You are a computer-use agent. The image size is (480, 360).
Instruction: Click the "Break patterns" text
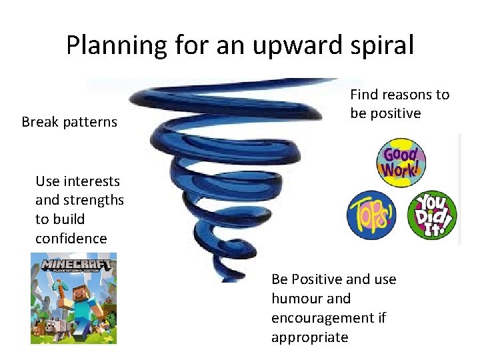pos(69,122)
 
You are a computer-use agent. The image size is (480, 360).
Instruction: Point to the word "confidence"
pos(71,238)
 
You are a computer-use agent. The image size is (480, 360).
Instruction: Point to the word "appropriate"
pos(309,337)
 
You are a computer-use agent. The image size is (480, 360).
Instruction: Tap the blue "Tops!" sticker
pos(371,215)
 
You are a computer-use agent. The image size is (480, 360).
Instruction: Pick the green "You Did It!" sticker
pos(432,215)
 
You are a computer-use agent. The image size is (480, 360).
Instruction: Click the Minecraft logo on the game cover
pos(73,265)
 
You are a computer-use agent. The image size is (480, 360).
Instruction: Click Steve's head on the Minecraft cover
pos(79,289)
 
